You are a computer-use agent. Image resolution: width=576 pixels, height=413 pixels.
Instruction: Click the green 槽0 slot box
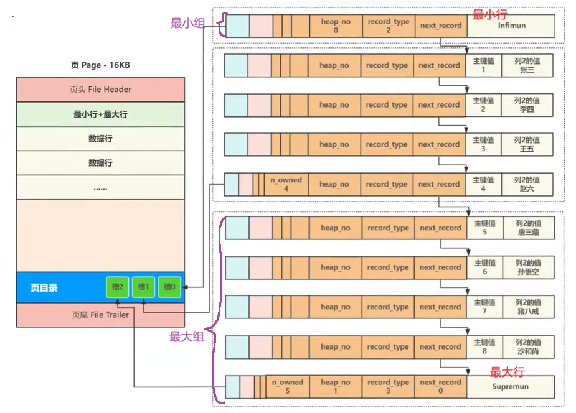(169, 287)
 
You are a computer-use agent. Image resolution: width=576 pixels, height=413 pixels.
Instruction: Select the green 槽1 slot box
(143, 287)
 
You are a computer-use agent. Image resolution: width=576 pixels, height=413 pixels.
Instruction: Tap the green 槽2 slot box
(118, 287)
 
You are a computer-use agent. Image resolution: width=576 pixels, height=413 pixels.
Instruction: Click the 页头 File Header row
(100, 90)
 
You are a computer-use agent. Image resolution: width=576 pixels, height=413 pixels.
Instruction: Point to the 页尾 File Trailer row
(100, 315)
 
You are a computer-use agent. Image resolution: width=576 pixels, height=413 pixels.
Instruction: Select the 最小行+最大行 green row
(100, 114)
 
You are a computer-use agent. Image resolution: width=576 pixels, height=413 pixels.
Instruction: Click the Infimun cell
(511, 26)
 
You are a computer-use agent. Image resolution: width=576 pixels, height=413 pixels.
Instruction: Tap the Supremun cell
(511, 386)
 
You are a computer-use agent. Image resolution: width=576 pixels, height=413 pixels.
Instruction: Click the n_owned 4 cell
(286, 184)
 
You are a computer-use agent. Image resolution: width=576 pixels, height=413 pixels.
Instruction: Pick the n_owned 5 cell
(287, 386)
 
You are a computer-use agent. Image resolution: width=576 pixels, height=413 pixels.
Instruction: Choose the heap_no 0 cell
(336, 26)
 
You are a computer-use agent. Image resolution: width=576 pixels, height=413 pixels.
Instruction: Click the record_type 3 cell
(388, 386)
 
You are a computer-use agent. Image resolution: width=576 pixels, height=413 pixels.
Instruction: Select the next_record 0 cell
(441, 386)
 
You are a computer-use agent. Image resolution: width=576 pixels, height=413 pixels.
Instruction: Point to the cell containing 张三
(527, 65)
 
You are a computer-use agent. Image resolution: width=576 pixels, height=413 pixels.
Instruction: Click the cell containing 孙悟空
(528, 267)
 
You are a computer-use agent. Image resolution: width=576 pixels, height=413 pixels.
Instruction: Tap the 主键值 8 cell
(484, 346)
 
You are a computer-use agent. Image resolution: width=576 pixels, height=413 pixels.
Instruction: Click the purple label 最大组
(186, 337)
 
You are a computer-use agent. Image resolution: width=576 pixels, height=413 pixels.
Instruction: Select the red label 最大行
(507, 373)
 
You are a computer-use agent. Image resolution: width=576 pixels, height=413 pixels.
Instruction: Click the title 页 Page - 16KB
(100, 65)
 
